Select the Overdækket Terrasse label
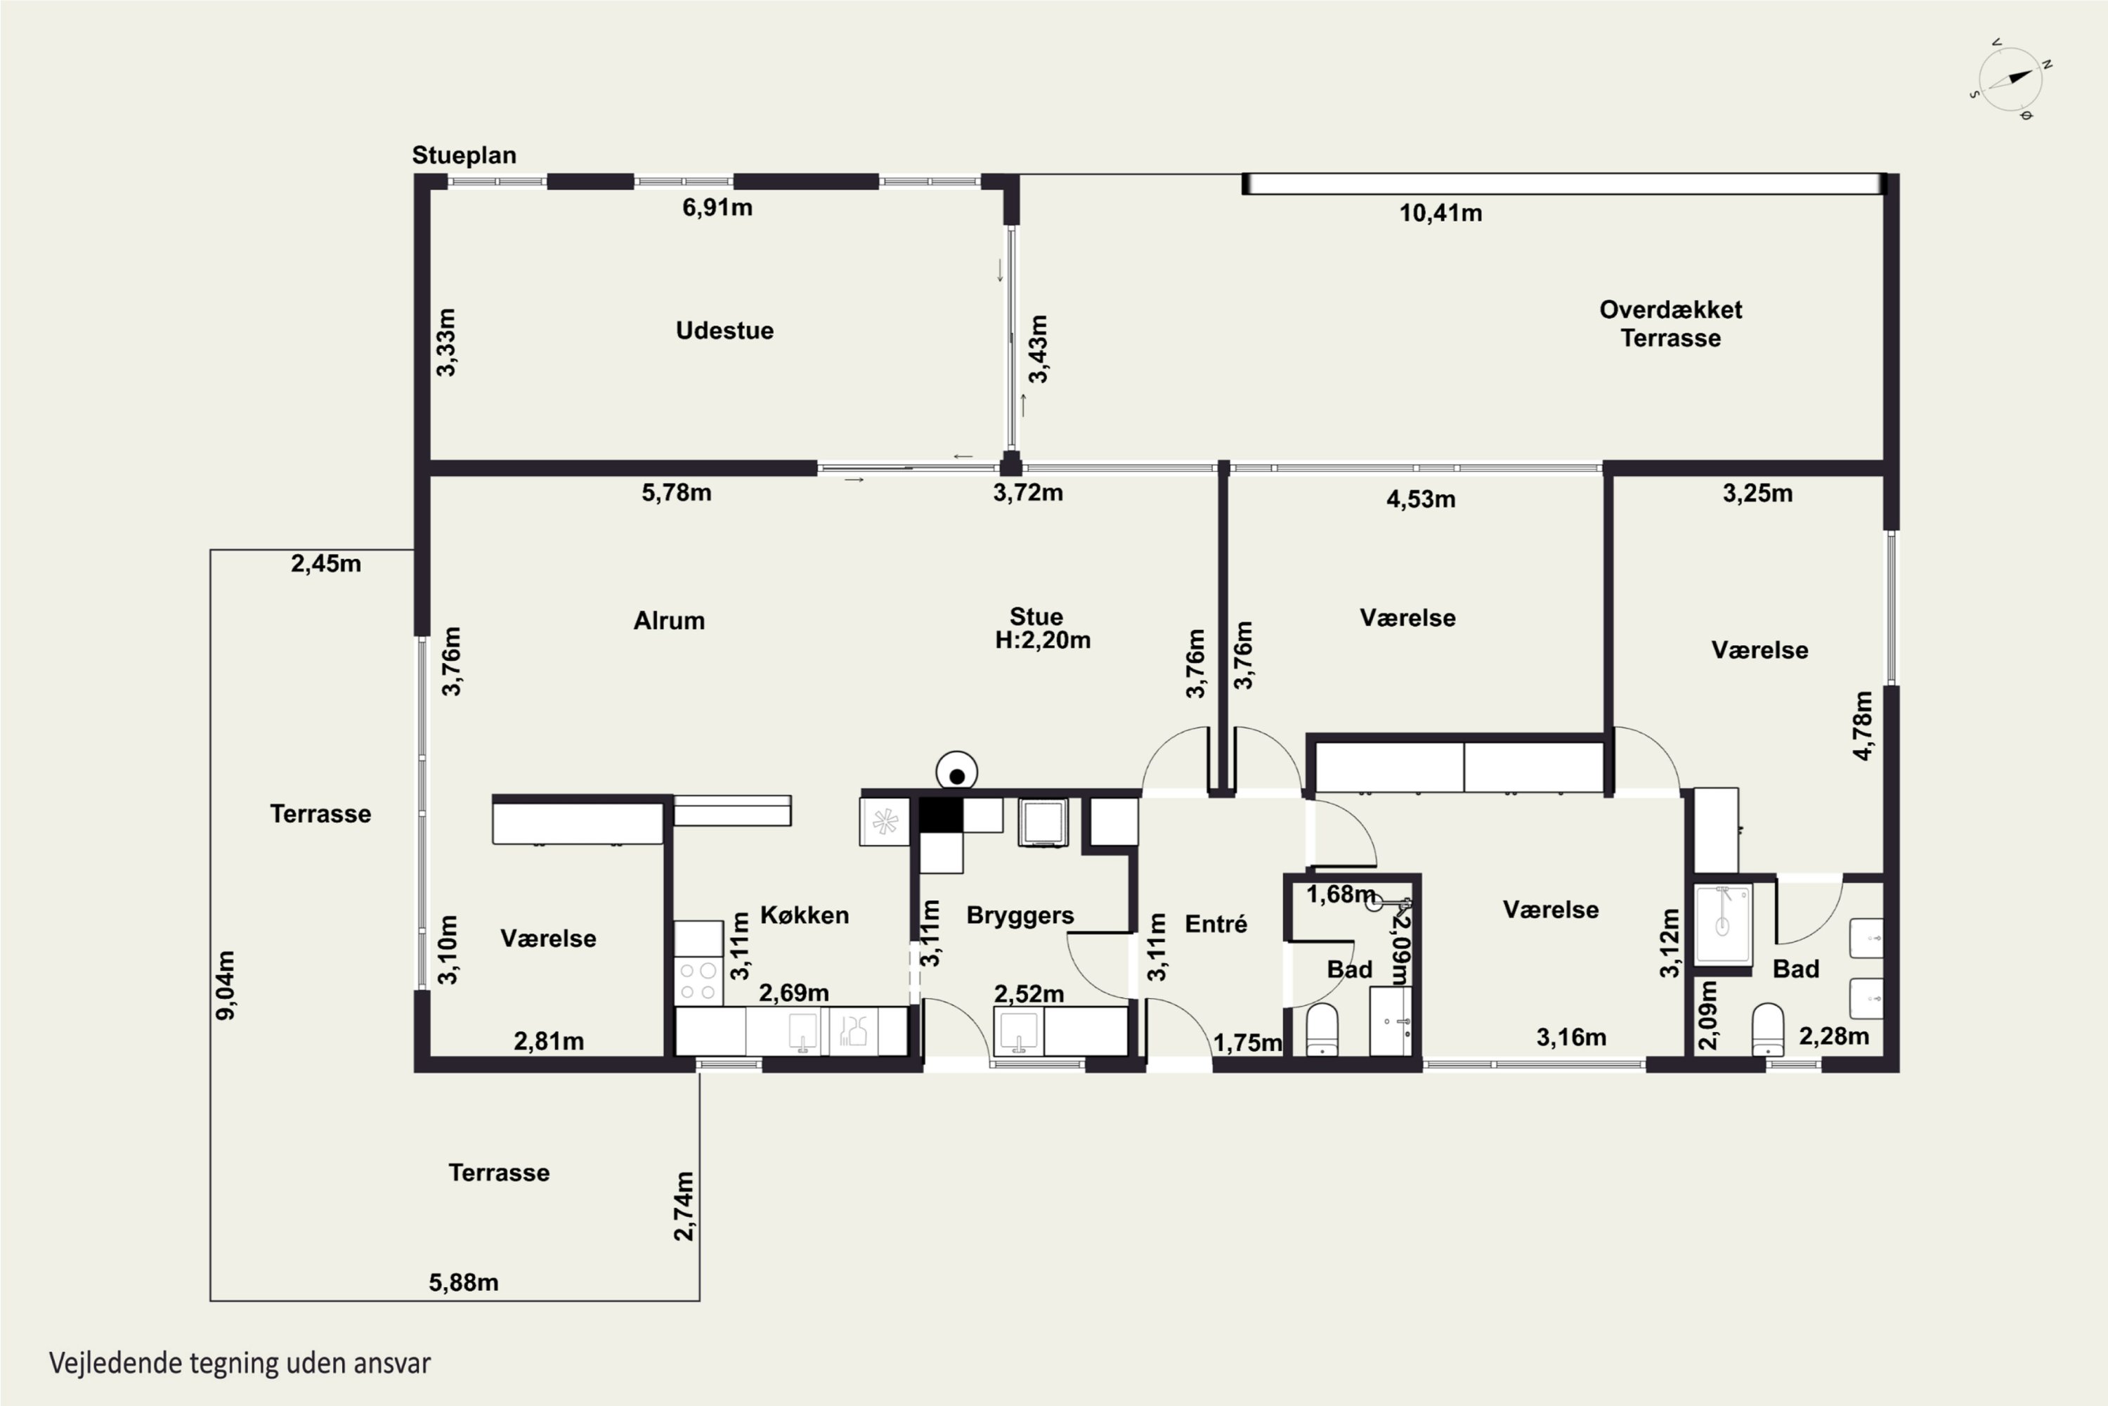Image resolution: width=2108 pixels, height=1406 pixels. click(x=1671, y=323)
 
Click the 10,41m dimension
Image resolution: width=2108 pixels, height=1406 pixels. click(x=1440, y=214)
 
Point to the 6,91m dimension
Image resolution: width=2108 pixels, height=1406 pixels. click(x=717, y=208)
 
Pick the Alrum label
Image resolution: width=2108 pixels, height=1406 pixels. click(x=669, y=621)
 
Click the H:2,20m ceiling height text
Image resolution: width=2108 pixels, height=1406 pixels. click(x=1042, y=640)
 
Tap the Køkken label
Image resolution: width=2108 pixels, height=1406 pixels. click(x=804, y=915)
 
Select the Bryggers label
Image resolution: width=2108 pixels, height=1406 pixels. click(x=1020, y=915)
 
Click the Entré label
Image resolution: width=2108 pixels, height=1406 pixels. click(x=1216, y=924)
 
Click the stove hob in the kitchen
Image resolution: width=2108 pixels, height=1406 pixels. click(x=698, y=980)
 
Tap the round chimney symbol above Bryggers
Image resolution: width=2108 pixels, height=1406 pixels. click(x=956, y=772)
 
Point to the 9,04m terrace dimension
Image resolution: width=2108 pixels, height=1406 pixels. click(x=226, y=985)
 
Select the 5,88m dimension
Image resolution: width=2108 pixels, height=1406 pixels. click(x=463, y=1282)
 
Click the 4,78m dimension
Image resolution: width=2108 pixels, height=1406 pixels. click(x=1863, y=725)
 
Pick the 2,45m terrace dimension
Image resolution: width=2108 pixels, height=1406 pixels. click(x=325, y=564)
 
